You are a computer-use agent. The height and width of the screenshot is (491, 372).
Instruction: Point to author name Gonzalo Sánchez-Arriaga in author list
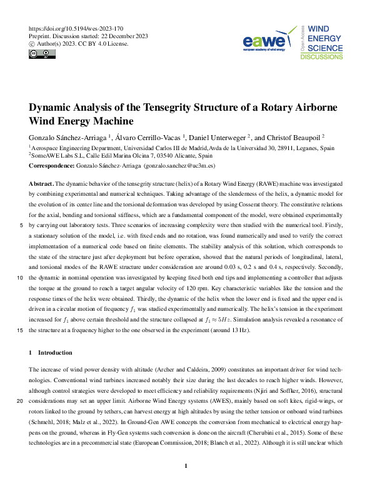(68, 136)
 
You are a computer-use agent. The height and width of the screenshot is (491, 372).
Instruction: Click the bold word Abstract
(41, 185)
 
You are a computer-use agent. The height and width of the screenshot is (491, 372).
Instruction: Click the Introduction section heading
(55, 353)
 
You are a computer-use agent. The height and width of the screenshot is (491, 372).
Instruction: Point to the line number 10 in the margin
(21, 275)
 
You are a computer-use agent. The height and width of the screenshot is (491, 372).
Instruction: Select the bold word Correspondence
(55, 166)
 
